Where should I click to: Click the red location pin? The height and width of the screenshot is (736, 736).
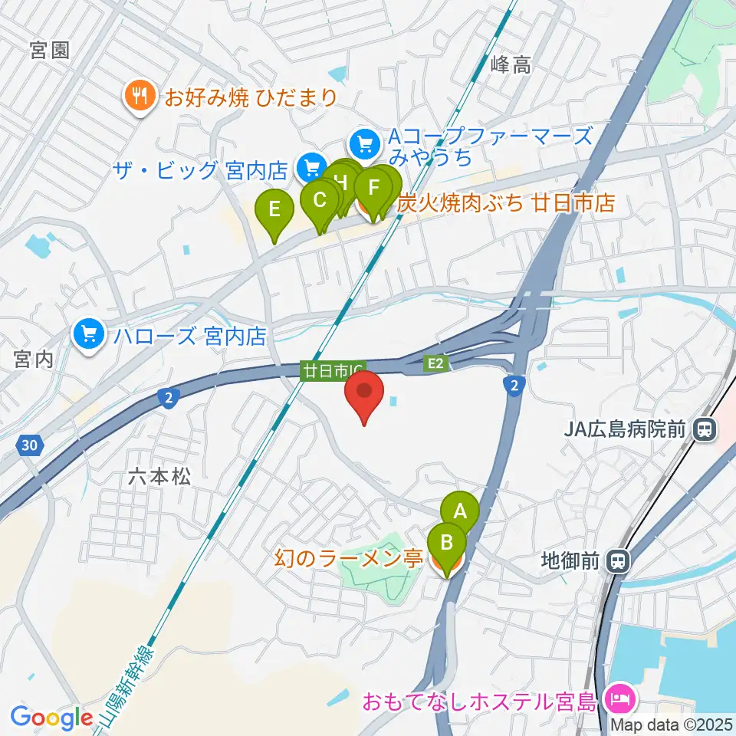tap(366, 393)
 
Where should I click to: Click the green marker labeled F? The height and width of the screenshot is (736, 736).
tap(373, 187)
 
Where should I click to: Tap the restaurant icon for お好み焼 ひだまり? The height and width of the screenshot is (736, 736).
tap(140, 97)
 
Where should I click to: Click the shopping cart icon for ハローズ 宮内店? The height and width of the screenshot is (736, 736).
tap(90, 335)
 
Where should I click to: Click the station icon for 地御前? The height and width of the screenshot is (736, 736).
tap(617, 561)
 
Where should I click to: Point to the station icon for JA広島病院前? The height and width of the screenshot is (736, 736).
tap(702, 430)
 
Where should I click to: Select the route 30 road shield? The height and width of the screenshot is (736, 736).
tap(29, 445)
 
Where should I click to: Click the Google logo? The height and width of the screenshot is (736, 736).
tap(51, 718)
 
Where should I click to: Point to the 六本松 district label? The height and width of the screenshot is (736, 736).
tap(159, 477)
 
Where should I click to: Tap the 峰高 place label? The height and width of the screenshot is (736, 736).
tap(510, 65)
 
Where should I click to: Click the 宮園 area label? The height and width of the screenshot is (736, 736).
tap(50, 51)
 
